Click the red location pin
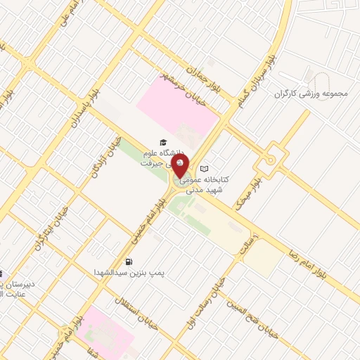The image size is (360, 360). (181, 167)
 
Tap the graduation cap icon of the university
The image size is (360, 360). (163, 142)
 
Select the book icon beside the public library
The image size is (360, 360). (205, 169)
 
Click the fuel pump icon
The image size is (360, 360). (129, 261)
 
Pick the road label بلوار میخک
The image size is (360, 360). (249, 187)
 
